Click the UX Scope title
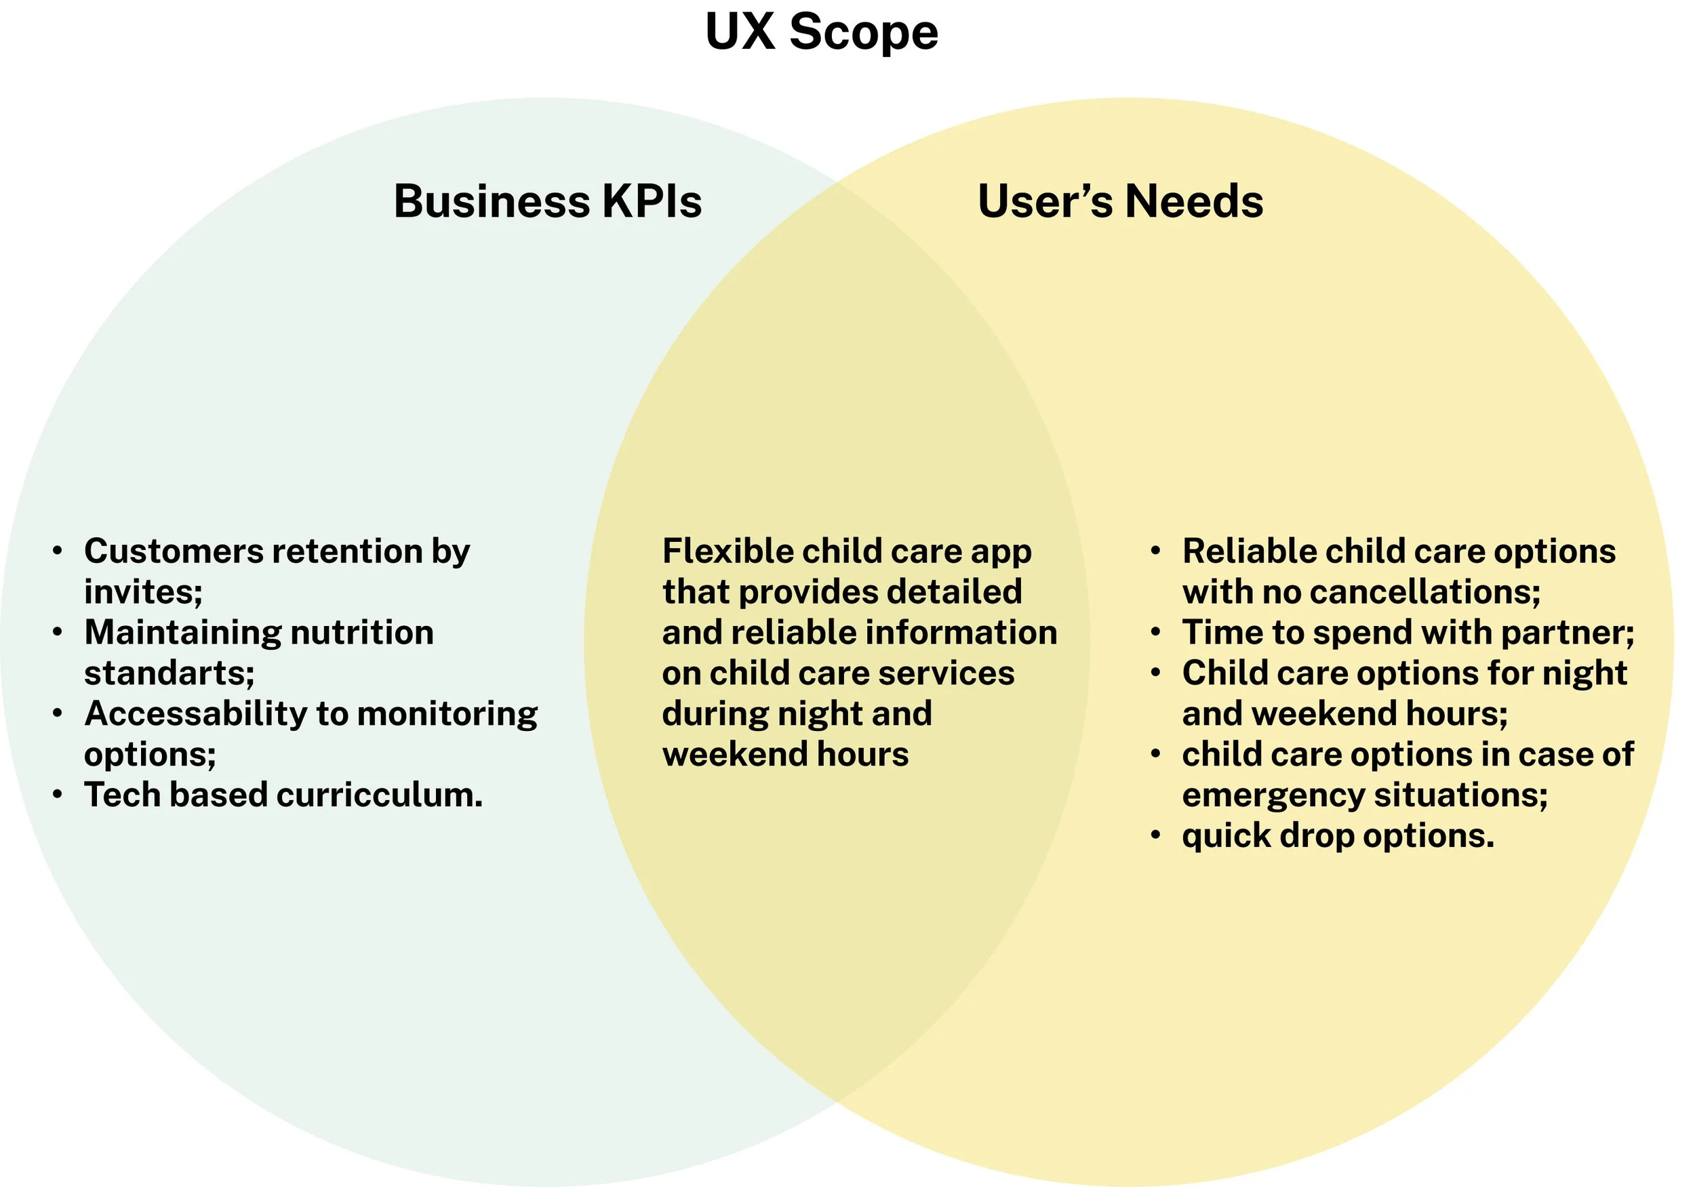pos(821,33)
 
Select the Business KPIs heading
pos(547,201)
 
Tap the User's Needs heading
pos(1120,201)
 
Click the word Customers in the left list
pos(174,551)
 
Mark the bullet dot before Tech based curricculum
pos(58,795)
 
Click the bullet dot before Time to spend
pos(1156,632)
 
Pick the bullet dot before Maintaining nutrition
pos(58,632)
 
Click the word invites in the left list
pos(141,591)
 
